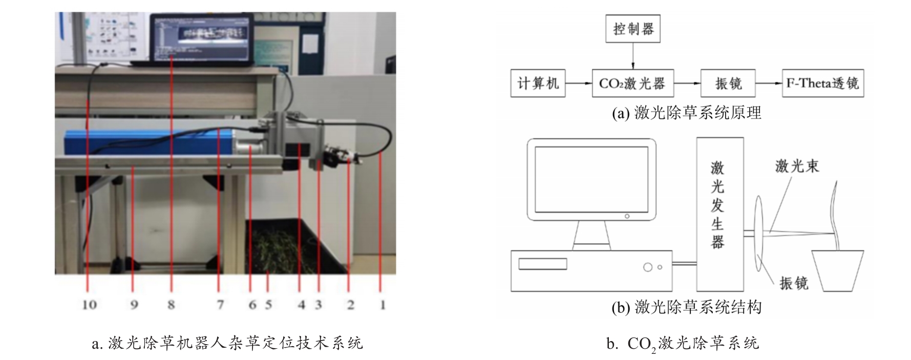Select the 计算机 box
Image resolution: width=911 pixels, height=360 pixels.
(x=538, y=83)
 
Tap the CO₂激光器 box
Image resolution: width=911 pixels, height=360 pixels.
(x=633, y=83)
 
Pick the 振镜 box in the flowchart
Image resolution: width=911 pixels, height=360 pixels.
(x=728, y=83)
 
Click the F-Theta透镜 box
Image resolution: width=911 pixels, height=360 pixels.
(x=823, y=83)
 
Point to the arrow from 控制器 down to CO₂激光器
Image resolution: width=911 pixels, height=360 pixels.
(x=633, y=56)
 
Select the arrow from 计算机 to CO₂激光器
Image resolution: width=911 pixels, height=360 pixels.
(x=579, y=83)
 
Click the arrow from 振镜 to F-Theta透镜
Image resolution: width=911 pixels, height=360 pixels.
(x=769, y=83)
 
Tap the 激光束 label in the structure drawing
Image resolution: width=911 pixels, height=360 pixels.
(x=797, y=166)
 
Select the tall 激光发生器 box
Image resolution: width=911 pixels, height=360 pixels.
(x=719, y=214)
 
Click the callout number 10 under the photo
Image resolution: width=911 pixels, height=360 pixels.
(x=89, y=305)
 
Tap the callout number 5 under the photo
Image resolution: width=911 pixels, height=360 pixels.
(x=268, y=305)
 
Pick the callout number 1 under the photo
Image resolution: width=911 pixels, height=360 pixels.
(x=382, y=305)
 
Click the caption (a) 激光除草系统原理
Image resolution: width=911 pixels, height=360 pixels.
(x=687, y=113)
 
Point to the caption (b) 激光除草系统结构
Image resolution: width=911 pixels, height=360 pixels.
(x=687, y=307)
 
